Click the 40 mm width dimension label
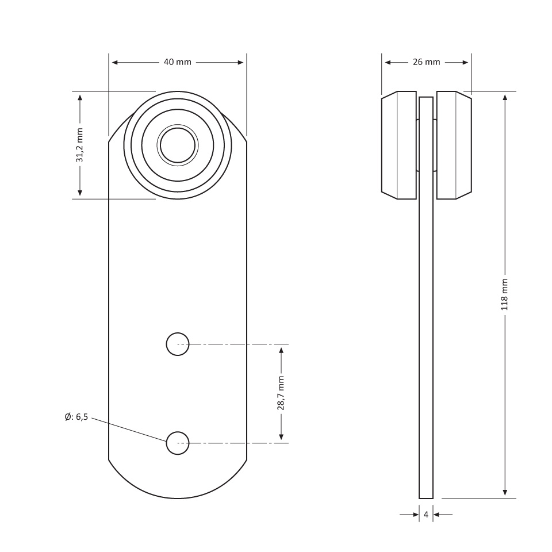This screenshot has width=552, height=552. point(178,62)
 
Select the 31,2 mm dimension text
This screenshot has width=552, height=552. point(80,145)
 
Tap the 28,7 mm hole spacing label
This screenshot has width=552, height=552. point(281,393)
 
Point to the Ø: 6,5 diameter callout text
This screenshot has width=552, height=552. point(76,417)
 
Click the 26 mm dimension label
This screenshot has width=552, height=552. point(426,62)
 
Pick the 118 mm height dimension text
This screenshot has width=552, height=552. point(504,294)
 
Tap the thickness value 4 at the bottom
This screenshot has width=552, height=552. point(426,515)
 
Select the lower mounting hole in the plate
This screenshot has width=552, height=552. point(178,443)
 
